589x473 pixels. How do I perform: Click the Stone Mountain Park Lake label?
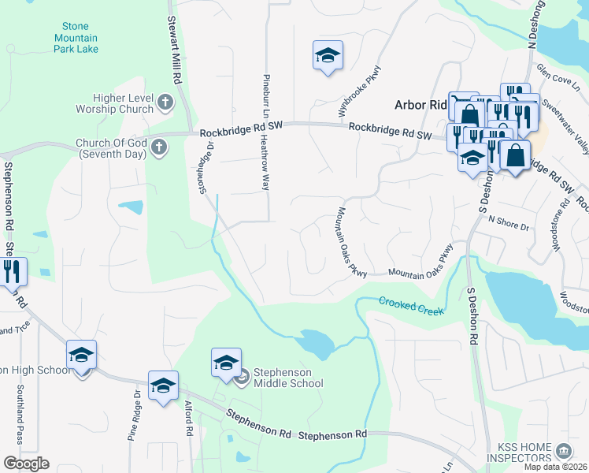click(76, 37)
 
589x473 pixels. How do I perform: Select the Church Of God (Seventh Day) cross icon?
click(158, 146)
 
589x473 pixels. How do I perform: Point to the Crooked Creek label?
click(411, 305)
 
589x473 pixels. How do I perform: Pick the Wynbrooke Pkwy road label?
click(361, 91)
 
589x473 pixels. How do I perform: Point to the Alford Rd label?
click(188, 418)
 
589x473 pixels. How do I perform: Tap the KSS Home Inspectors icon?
click(564, 451)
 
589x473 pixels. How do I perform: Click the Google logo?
click(26, 463)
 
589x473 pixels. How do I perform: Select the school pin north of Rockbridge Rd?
click(328, 56)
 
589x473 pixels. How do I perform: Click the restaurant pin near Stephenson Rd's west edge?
click(13, 271)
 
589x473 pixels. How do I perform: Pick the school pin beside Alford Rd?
click(163, 386)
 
